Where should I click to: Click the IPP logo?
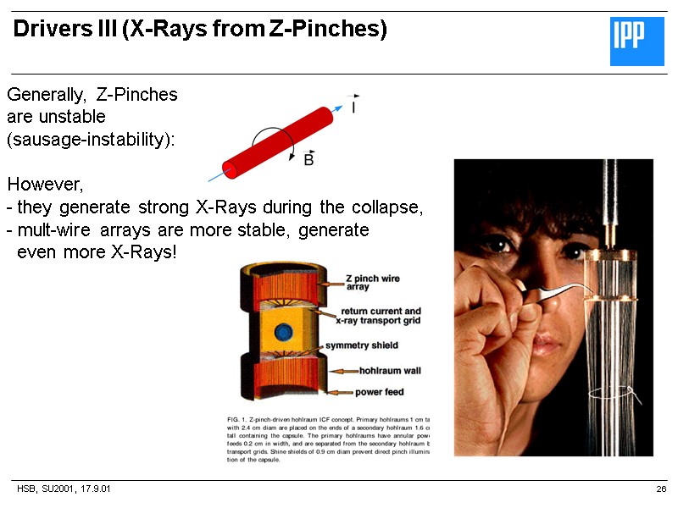coord(638,41)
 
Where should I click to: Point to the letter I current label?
coord(353,107)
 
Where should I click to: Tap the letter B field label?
coord(308,158)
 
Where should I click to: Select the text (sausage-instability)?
coord(91,140)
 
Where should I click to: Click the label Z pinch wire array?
coord(372,283)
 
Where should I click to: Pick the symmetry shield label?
coord(362,345)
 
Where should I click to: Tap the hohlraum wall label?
coord(389,370)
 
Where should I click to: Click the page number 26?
coord(661,490)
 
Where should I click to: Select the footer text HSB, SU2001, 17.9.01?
coord(64,490)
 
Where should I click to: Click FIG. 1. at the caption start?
coord(242,420)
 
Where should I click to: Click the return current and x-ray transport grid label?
coord(379,316)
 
